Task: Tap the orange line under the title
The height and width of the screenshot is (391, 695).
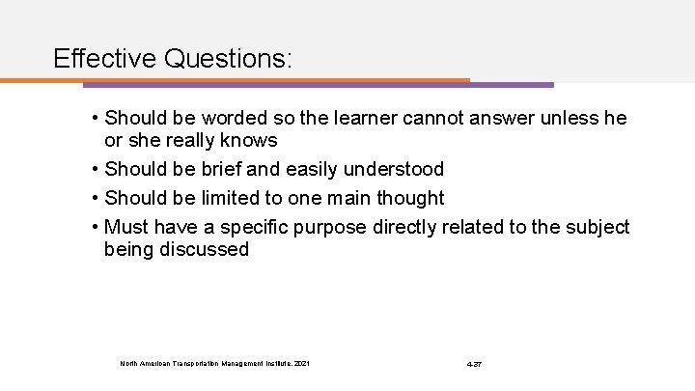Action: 241,80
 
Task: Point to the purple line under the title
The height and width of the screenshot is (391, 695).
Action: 512,84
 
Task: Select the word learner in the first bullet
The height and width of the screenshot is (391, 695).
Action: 361,119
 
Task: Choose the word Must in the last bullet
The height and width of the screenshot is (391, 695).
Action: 125,227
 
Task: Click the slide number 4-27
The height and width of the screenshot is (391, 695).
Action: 474,363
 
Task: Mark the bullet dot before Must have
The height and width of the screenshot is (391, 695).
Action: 95,227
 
